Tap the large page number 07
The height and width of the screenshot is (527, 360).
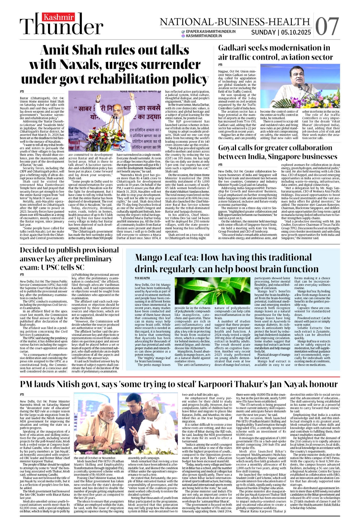327,26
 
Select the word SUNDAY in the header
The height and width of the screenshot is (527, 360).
263,33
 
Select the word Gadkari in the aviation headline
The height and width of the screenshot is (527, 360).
234,48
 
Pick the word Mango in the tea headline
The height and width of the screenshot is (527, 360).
150,258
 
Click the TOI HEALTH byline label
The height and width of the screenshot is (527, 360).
142,278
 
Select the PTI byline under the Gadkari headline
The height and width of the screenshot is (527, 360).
220,65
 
